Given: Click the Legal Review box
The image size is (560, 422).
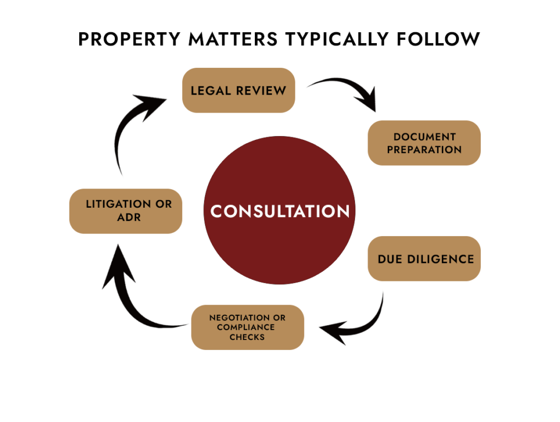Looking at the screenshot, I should coord(238,90).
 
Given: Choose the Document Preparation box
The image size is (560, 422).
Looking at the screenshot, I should coord(424,143).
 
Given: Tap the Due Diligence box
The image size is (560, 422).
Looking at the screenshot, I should coord(424,259).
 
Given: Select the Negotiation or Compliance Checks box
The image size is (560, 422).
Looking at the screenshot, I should coord(247,327).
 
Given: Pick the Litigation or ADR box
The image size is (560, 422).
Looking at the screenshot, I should coord(125,211).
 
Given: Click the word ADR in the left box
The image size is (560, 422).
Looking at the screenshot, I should coord(129,217).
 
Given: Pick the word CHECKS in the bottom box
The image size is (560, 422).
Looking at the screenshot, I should coord(247,337).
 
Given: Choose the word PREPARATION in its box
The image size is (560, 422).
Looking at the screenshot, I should coord(424,149).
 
